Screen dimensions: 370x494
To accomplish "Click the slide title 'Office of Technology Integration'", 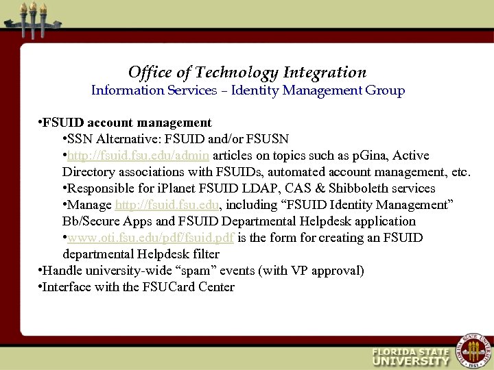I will [x=247, y=73].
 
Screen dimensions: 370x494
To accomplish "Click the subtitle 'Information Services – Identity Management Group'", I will [x=248, y=90].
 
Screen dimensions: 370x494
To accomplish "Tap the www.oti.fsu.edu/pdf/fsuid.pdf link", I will [x=151, y=238].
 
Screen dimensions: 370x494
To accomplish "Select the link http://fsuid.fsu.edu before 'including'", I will [x=167, y=205].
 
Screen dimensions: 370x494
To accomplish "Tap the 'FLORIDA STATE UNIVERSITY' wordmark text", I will [x=410, y=356].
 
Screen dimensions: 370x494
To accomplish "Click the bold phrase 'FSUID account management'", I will [x=127, y=123].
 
